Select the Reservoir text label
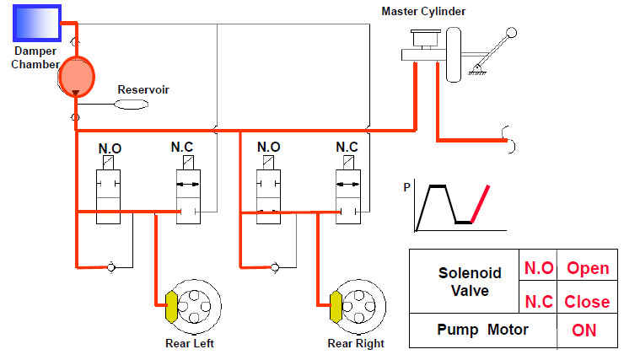coord(143,89)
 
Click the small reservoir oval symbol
coord(132,104)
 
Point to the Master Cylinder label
coord(423,11)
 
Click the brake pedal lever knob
coord(511,33)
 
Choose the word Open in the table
coord(588,268)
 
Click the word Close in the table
coord(588,301)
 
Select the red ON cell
coord(584,330)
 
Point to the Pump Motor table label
coord(483,329)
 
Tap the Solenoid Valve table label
coord(470,282)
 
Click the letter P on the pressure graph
coord(406,189)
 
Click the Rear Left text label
coord(190,343)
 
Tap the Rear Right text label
coord(356,343)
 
